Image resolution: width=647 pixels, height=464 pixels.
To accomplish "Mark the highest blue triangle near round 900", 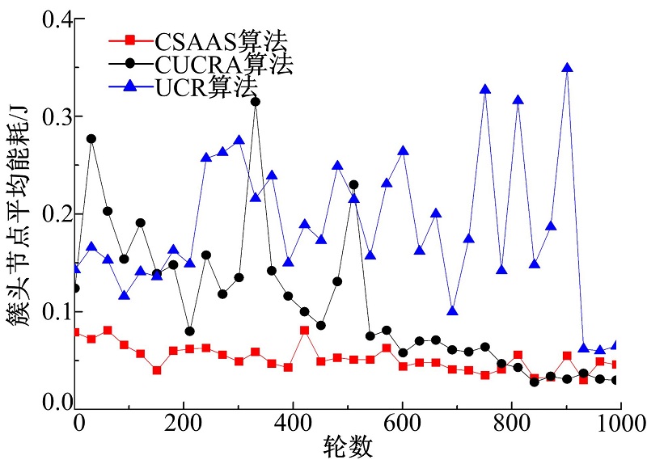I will pos(567,68).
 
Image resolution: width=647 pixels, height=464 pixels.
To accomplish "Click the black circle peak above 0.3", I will pos(256,102).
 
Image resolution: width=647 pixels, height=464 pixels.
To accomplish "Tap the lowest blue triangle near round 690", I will pos(453,311).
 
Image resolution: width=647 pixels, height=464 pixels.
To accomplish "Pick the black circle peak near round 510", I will pos(353,185).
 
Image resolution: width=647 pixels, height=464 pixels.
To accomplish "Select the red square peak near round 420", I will pos(304,330).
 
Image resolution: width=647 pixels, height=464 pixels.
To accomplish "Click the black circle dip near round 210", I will pos(190,331).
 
